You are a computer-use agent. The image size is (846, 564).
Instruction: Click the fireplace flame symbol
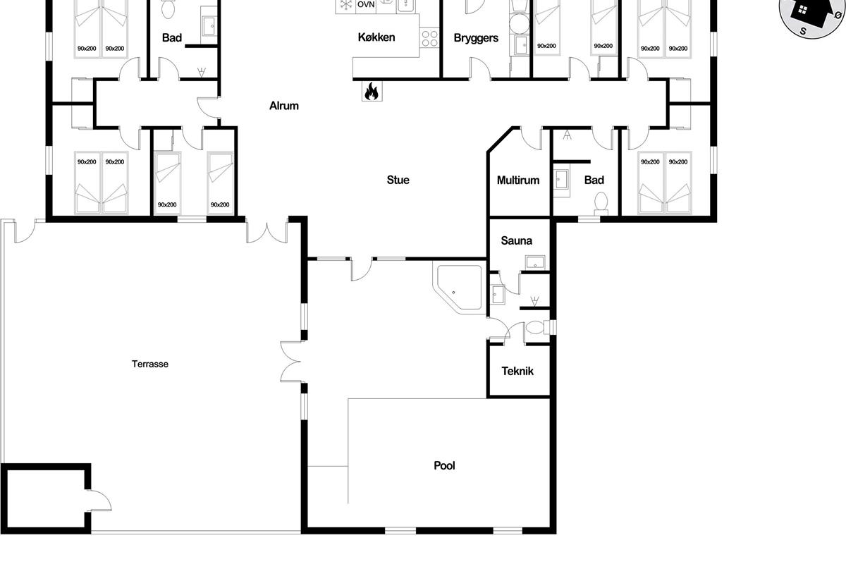pos(372,91)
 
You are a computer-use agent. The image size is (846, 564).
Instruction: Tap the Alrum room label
pos(284,106)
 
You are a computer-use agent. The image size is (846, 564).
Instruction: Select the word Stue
pos(398,180)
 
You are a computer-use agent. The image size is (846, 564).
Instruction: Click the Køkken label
pos(376,37)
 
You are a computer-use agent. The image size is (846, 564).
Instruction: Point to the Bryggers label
pos(476,38)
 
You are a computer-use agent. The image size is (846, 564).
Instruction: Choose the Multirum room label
pos(518,180)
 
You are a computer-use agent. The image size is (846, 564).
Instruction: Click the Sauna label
pos(516,240)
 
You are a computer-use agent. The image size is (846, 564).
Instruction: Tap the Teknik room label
pos(517,371)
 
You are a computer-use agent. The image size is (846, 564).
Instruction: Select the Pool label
pos(445,465)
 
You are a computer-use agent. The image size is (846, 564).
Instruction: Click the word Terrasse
pos(150,364)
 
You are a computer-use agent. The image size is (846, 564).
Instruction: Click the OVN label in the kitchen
pos(366,4)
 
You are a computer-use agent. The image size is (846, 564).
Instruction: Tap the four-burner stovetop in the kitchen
pos(429,38)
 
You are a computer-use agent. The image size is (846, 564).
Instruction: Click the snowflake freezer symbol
pos(345,4)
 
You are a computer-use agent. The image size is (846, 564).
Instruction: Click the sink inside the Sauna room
pos(535,262)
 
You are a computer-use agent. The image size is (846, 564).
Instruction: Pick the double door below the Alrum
pos(267,231)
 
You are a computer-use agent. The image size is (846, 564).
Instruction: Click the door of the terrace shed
pos(99,500)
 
